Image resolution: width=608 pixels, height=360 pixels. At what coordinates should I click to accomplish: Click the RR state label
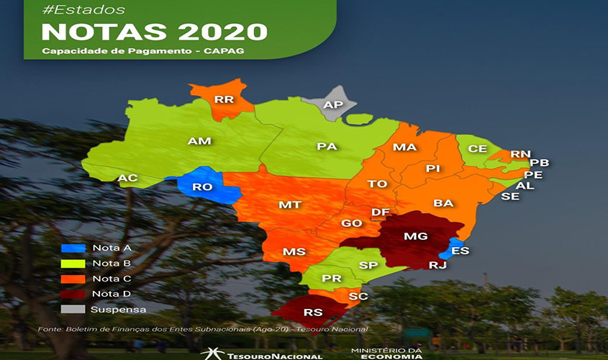click(224, 99)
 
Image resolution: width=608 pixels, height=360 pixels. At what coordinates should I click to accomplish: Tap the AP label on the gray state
click(333, 105)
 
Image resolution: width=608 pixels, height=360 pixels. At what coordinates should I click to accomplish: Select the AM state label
click(199, 141)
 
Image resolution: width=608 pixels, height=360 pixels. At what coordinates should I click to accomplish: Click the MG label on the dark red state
click(415, 237)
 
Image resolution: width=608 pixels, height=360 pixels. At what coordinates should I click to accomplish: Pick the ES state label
click(460, 250)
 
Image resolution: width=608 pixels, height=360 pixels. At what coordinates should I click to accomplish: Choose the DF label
click(381, 212)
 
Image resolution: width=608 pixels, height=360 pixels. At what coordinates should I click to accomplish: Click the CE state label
click(478, 149)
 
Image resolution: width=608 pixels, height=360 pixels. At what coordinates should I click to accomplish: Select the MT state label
click(289, 205)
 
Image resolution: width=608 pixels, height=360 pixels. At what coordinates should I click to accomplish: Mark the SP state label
click(368, 266)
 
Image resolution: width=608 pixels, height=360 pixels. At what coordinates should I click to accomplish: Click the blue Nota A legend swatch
click(73, 248)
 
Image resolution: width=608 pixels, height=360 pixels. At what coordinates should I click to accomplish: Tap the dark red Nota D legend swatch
click(73, 294)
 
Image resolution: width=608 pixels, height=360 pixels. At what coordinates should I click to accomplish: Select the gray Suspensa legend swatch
click(73, 310)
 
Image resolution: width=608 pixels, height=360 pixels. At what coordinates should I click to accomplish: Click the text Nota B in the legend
click(111, 263)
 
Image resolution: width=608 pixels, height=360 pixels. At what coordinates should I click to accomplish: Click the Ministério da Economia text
click(386, 354)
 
